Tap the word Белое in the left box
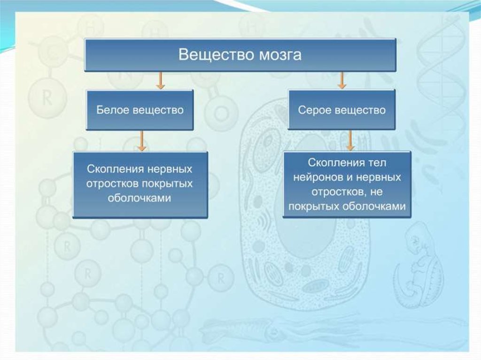click(x=112, y=109)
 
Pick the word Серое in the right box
click(x=314, y=110)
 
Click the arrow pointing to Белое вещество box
click(x=160, y=81)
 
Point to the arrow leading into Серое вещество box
click(x=341, y=81)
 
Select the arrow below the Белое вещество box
click(x=141, y=141)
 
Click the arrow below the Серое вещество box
click(x=350, y=140)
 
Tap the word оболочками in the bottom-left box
click(x=139, y=198)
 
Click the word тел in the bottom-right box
click(x=377, y=162)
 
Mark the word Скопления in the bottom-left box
click(x=116, y=169)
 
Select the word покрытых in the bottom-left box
click(x=166, y=184)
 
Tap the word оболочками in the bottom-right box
click(x=374, y=207)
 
